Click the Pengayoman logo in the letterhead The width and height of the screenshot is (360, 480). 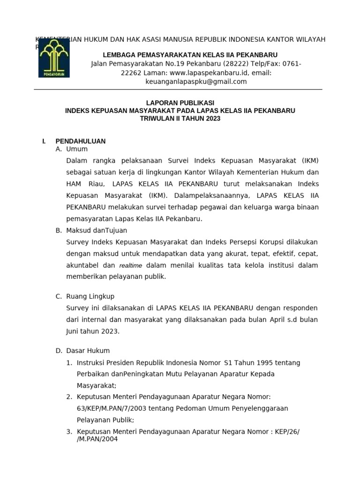tap(54, 58)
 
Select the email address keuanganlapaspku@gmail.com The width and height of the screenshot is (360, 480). tap(196, 82)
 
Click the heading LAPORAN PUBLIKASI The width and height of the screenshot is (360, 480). tap(180, 103)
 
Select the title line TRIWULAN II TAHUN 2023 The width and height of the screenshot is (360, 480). tap(180, 119)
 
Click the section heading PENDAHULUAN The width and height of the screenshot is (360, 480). tap(80, 141)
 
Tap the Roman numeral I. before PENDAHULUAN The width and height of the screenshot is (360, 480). tap(44, 141)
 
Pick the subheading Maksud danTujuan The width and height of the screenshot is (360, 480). tap(97, 231)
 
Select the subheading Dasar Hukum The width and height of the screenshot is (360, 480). tap(88, 351)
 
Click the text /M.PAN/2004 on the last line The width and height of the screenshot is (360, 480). tap(97, 439)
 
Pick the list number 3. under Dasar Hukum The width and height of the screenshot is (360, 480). tap(69, 431)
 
